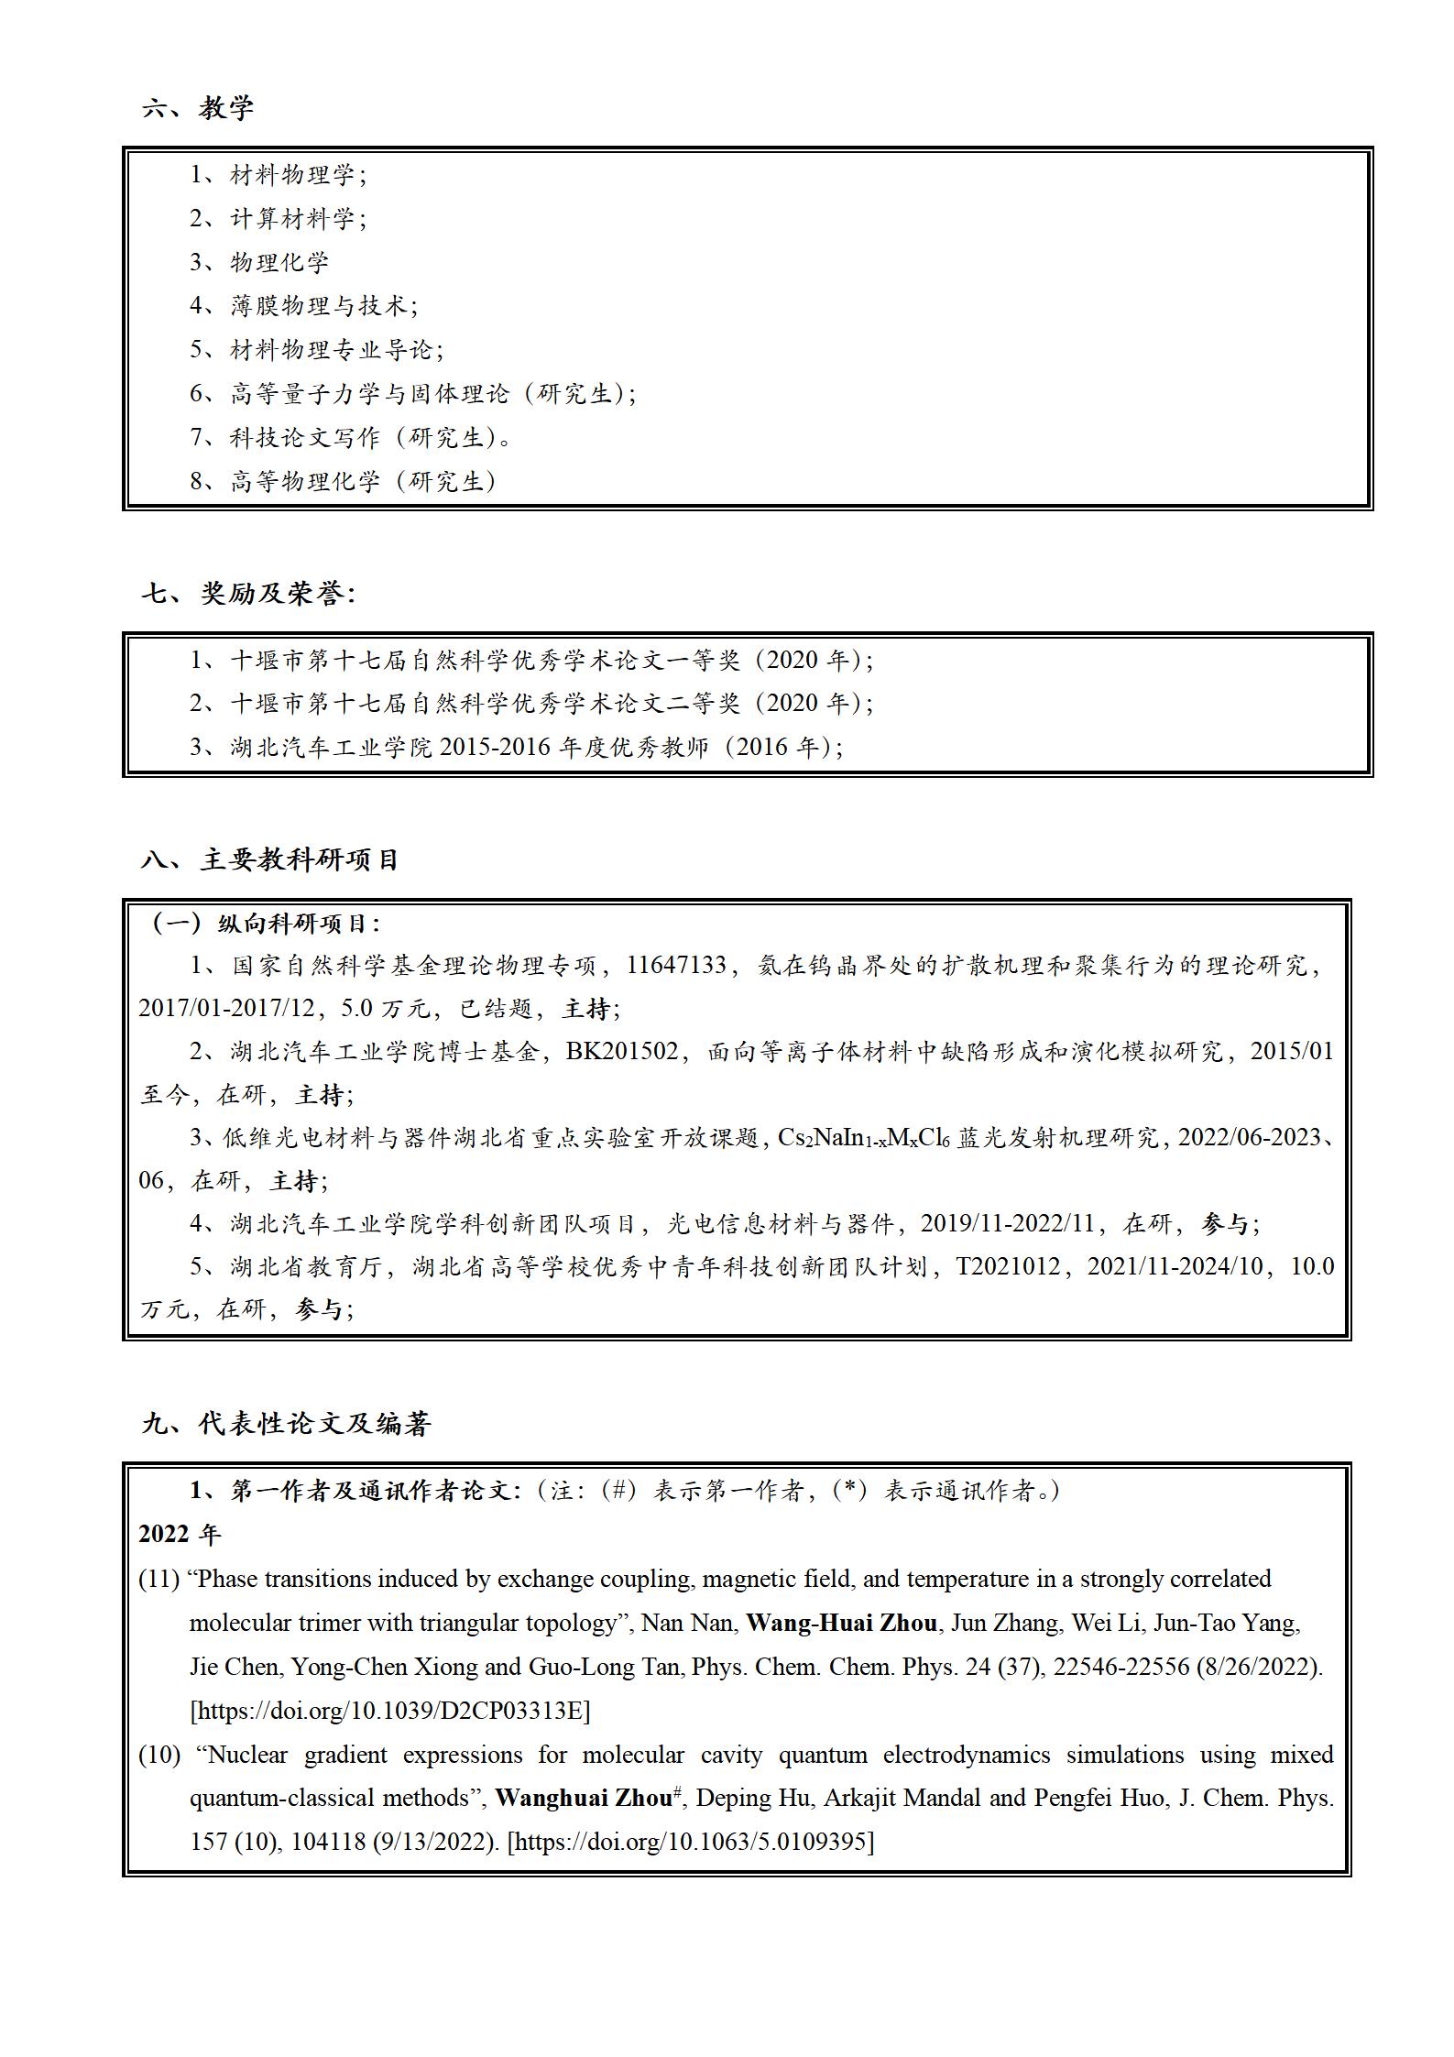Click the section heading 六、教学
pos(198,108)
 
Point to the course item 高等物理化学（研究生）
pos(362,481)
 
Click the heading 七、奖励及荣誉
pos(248,594)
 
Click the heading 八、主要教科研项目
pos(270,859)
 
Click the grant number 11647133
pos(676,965)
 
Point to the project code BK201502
pos(622,1051)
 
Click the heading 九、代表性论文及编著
pos(287,1423)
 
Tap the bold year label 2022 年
pos(180,1534)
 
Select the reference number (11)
pos(159,1579)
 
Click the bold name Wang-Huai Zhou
pos(841,1623)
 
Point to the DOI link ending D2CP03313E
pos(389,1710)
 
